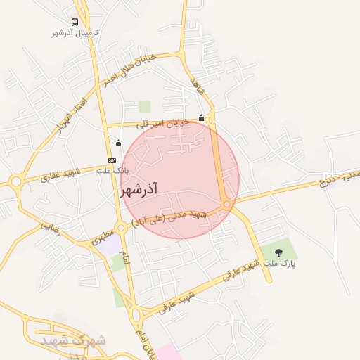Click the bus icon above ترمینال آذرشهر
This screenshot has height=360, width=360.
[75, 22]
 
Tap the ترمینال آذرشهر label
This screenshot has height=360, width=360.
[75, 32]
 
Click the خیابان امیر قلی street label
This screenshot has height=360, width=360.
[162, 123]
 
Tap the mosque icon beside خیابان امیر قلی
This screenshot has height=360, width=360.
[202, 117]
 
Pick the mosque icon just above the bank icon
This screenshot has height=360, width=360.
[118, 143]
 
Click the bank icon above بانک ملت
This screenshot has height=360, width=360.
[112, 160]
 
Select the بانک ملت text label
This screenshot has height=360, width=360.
[112, 170]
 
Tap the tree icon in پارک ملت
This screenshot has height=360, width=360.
[279, 252]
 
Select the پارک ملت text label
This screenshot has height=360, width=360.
[279, 263]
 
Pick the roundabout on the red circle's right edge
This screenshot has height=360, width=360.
[227, 204]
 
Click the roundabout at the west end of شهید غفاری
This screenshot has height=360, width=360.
[15, 182]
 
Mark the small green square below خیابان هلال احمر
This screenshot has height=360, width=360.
[144, 106]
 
